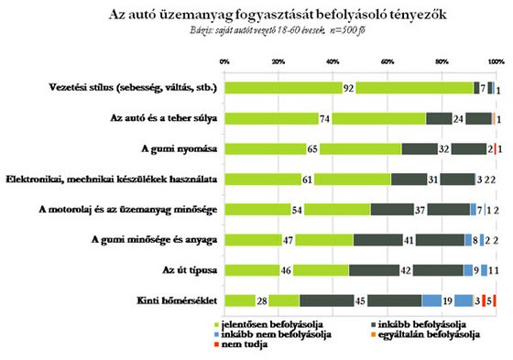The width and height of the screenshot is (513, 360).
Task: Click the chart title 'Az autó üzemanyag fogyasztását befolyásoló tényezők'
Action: [256, 16]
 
